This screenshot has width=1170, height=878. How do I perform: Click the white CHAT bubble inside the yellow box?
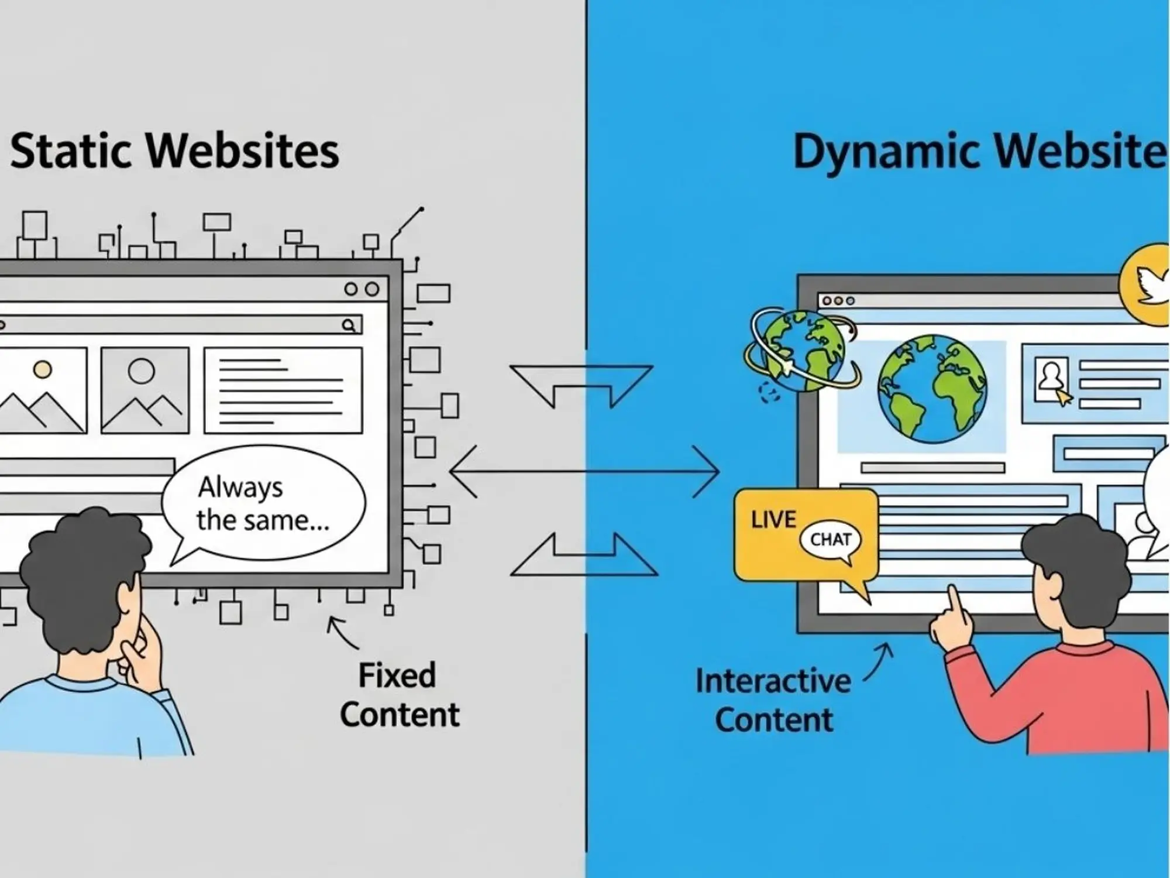[x=830, y=540]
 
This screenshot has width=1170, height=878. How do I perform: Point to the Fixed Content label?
[x=399, y=695]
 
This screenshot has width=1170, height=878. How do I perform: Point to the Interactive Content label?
[x=773, y=701]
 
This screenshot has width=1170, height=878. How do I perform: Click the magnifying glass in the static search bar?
[x=349, y=325]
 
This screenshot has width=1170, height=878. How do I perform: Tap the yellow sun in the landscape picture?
[x=42, y=369]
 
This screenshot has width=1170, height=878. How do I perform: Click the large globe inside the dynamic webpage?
[x=932, y=389]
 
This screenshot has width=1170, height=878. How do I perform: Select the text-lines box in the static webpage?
[x=283, y=390]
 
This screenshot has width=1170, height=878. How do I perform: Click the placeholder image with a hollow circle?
[x=145, y=390]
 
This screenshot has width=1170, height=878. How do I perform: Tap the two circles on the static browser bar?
[x=362, y=289]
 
